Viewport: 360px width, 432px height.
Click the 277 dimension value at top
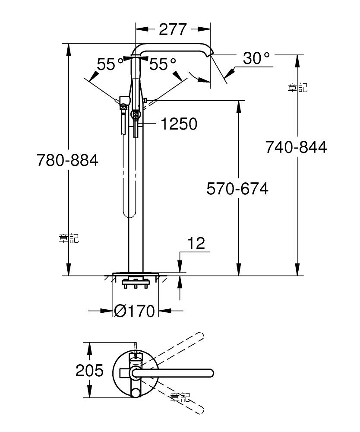(173, 29)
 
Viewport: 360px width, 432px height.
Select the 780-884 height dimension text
(67, 160)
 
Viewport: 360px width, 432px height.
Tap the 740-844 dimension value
(296, 147)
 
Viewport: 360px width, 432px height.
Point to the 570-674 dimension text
(237, 189)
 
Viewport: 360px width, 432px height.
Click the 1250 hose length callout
(179, 124)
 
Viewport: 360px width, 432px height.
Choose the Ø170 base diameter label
(135, 311)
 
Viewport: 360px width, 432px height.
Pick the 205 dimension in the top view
(90, 370)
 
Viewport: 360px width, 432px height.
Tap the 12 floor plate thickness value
(196, 244)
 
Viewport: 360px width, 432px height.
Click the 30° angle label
(256, 58)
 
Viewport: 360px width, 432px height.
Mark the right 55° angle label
(163, 64)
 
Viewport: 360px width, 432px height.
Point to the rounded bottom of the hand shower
(126, 214)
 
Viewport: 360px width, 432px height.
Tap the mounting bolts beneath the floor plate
(136, 284)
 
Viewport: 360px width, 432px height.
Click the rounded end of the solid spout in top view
(211, 372)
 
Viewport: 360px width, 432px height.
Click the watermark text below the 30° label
(297, 88)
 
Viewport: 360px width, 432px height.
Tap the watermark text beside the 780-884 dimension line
(69, 238)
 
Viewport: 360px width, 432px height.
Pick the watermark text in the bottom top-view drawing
(180, 397)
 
